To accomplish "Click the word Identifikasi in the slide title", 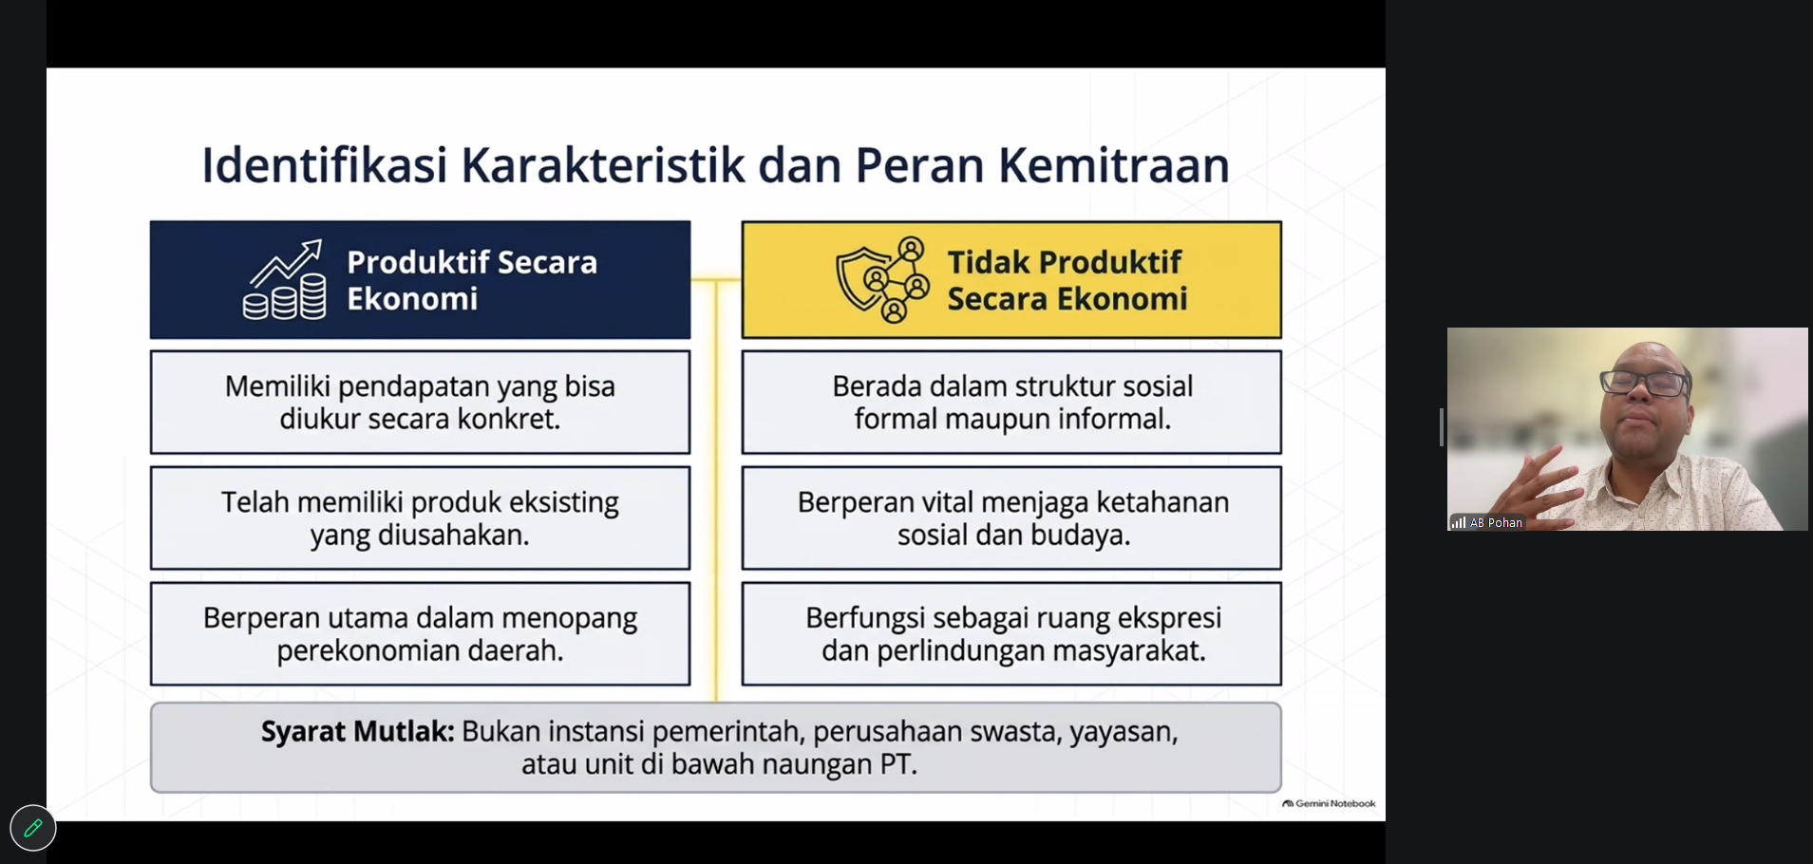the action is pos(324,164).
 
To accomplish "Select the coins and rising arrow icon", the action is pos(284,280).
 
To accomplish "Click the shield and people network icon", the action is pos(883,280).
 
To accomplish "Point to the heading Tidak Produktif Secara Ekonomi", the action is pos(1067,280).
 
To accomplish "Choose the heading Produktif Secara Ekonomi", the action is pos(472,280).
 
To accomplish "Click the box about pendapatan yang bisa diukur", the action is pos(420,403).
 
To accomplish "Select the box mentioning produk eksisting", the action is pos(420,518).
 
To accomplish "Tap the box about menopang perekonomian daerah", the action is pos(420,634).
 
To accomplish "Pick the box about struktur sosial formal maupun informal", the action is pos(1011,403).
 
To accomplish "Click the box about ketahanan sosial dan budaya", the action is pos(1011,518).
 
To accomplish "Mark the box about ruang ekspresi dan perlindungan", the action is pos(1011,634).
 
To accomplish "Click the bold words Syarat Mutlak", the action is pos(358,732).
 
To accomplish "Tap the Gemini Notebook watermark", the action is pos(1329,803).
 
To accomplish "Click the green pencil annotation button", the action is pos(33,828).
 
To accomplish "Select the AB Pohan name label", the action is pos(1496,523).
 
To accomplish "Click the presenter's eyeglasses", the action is pos(1646,383).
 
